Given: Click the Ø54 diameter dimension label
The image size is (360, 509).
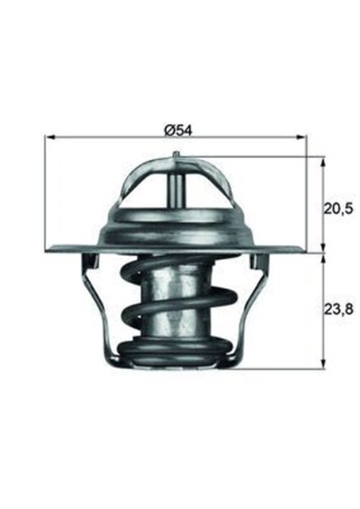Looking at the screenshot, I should pyautogui.click(x=177, y=128).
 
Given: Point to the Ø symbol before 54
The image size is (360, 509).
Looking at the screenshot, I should pyautogui.click(x=168, y=128).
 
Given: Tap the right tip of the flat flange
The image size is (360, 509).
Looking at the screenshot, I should pyautogui.click(x=304, y=251).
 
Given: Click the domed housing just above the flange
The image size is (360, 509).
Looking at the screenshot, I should pyautogui.click(x=176, y=227).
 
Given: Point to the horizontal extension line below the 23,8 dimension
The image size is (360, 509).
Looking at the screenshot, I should pyautogui.click(x=278, y=368).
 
